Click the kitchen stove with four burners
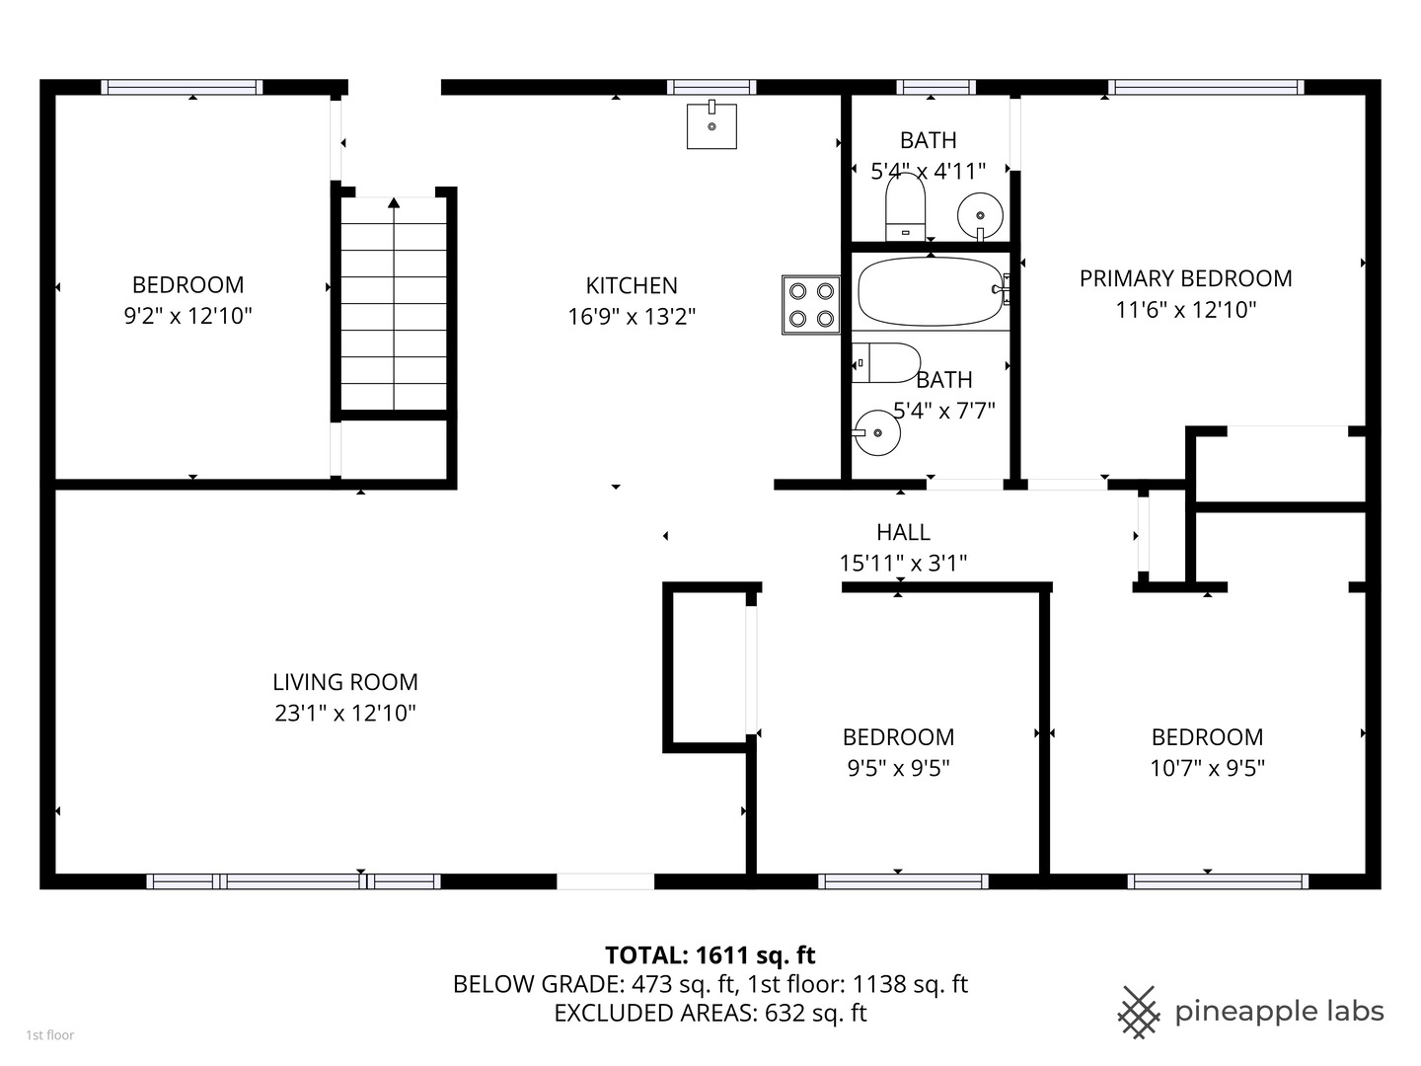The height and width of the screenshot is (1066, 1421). coord(811,305)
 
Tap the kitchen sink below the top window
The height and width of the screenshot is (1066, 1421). coord(711,125)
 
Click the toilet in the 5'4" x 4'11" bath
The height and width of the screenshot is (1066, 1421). coord(905,207)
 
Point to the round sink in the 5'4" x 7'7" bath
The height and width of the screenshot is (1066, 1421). coord(877,432)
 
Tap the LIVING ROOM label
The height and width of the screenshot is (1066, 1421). coord(345,682)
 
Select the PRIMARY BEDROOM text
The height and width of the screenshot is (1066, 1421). coord(1185,278)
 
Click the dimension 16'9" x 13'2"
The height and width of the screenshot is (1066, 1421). coord(632,317)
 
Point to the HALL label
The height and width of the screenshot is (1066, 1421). coord(903,532)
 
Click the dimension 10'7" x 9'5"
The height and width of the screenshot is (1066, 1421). coord(1207,768)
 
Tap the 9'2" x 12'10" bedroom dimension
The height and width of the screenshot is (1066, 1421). coord(187,316)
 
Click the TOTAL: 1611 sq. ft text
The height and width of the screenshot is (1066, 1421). coord(710,954)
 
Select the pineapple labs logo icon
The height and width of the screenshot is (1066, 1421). coord(1139,1012)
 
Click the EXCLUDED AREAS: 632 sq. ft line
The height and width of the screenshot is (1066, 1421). coord(710,1013)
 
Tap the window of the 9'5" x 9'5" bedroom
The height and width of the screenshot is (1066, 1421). coord(903,881)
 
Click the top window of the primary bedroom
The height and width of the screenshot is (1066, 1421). coord(1205,87)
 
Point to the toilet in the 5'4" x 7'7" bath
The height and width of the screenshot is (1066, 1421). coord(886,363)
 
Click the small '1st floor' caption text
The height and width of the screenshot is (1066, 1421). coord(49,1035)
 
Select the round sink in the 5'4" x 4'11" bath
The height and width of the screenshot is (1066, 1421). coord(980,213)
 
